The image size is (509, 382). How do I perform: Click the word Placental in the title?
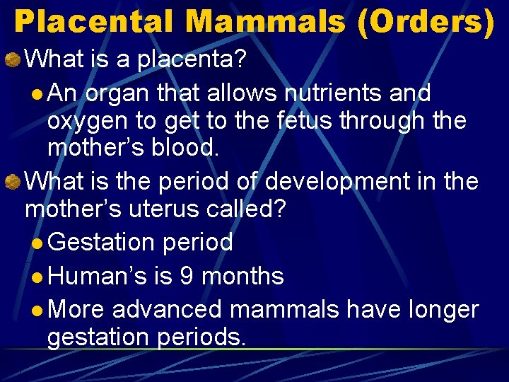93,22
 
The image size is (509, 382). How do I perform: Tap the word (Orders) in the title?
426,22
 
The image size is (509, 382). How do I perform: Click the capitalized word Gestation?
103,243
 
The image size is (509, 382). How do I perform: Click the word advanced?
167,309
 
